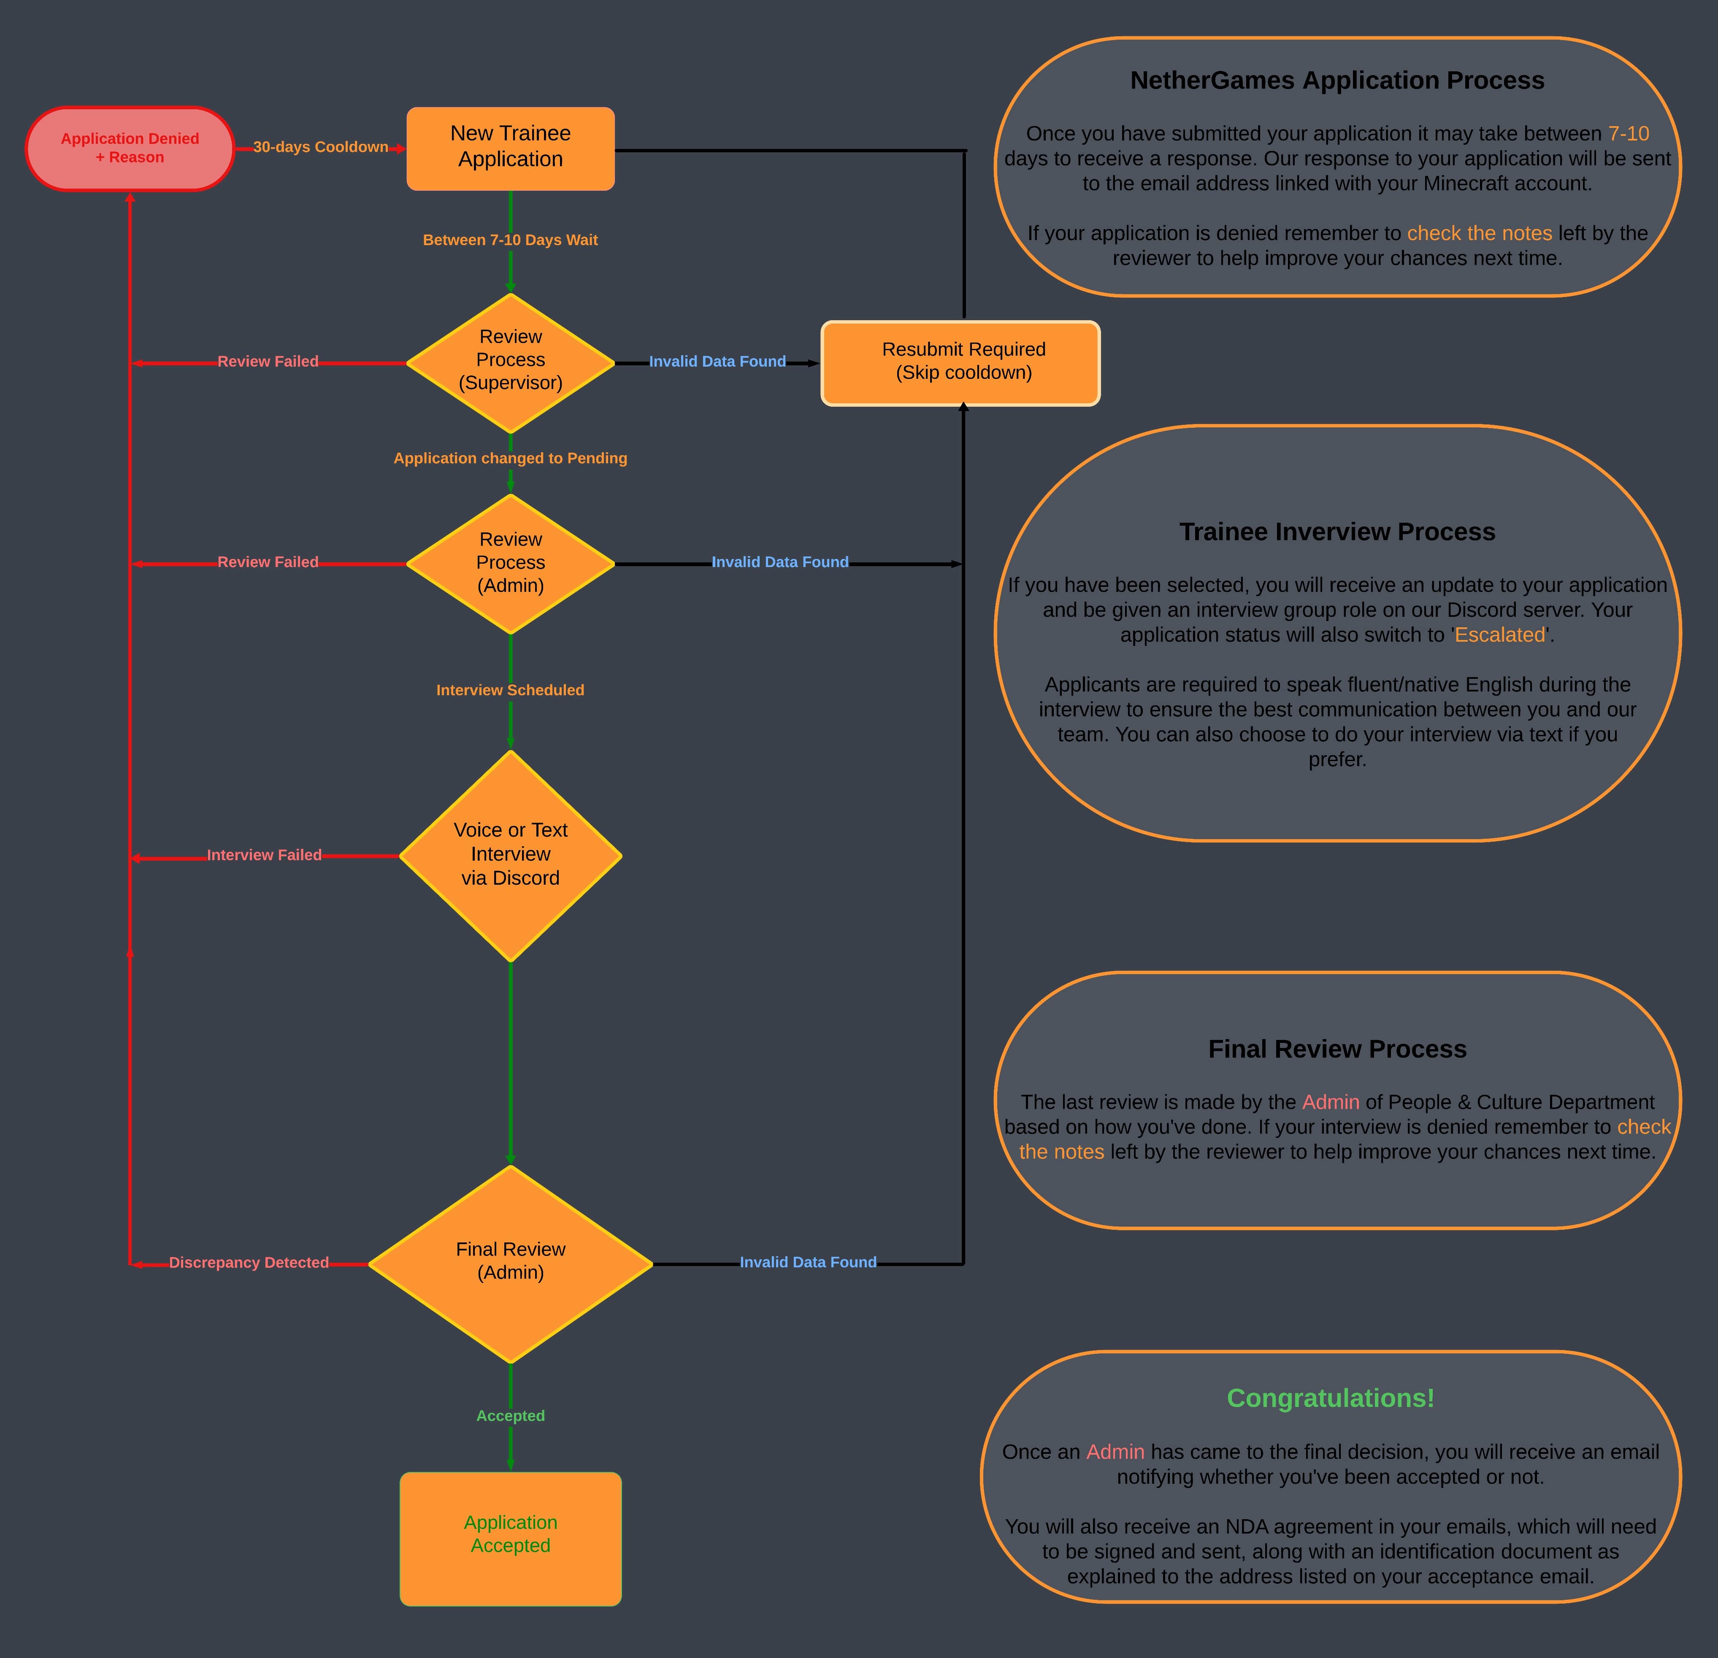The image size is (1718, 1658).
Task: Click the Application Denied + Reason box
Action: pyautogui.click(x=130, y=148)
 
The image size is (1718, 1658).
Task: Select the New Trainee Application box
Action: pyautogui.click(x=510, y=148)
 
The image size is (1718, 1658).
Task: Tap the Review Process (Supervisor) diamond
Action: pyautogui.click(x=510, y=361)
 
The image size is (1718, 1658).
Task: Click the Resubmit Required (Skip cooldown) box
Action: pyautogui.click(x=960, y=362)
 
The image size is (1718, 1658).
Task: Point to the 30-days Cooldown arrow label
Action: pyautogui.click(x=321, y=147)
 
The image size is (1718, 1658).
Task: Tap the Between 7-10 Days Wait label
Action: pyautogui.click(x=510, y=240)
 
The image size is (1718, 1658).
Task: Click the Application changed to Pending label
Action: pyautogui.click(x=510, y=458)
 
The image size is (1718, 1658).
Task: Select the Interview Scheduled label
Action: pyautogui.click(x=510, y=691)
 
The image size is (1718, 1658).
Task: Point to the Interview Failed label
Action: pyautogui.click(x=264, y=855)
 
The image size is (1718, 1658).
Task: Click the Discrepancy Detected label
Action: pyautogui.click(x=249, y=1263)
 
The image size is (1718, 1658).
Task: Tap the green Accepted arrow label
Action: pyautogui.click(x=510, y=1416)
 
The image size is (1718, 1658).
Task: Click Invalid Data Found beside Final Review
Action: pyautogui.click(x=807, y=1263)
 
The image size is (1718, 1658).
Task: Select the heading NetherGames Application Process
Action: pyautogui.click(x=1337, y=81)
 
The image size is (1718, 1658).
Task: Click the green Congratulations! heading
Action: pyautogui.click(x=1330, y=1399)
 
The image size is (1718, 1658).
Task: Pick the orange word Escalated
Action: pyautogui.click(x=1499, y=635)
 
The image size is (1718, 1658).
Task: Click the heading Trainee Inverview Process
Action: pyautogui.click(x=1337, y=532)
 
